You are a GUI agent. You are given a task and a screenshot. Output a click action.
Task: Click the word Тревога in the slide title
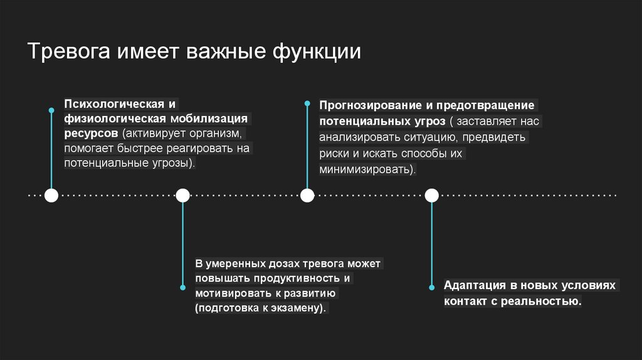click(68, 51)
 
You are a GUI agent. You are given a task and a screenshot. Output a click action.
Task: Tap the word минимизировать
click(366, 169)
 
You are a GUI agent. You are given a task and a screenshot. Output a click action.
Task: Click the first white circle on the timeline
click(51, 196)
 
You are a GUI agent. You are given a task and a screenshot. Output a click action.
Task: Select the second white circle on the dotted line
click(182, 196)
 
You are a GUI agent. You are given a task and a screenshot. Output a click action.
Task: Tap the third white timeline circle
click(307, 196)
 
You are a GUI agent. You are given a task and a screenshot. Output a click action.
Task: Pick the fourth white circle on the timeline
click(431, 196)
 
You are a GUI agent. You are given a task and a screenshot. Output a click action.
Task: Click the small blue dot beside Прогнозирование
click(307, 102)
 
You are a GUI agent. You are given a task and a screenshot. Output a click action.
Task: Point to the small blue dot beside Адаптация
click(431, 287)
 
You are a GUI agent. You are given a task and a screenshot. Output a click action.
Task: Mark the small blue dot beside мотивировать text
click(182, 287)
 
